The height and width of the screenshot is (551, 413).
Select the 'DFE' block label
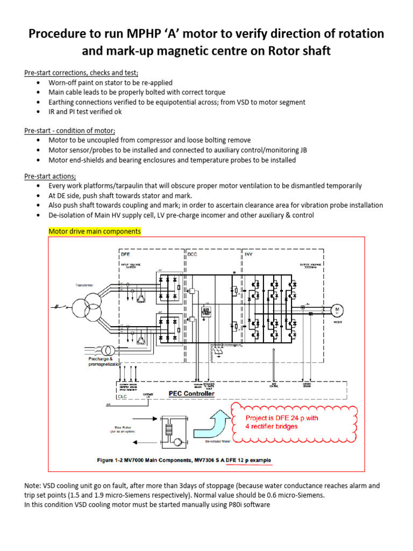124,253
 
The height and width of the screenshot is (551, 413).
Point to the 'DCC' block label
192,253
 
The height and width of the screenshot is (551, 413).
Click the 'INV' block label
249,253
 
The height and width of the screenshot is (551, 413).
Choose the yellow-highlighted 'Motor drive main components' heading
95,231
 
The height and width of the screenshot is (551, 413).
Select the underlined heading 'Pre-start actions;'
50,175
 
